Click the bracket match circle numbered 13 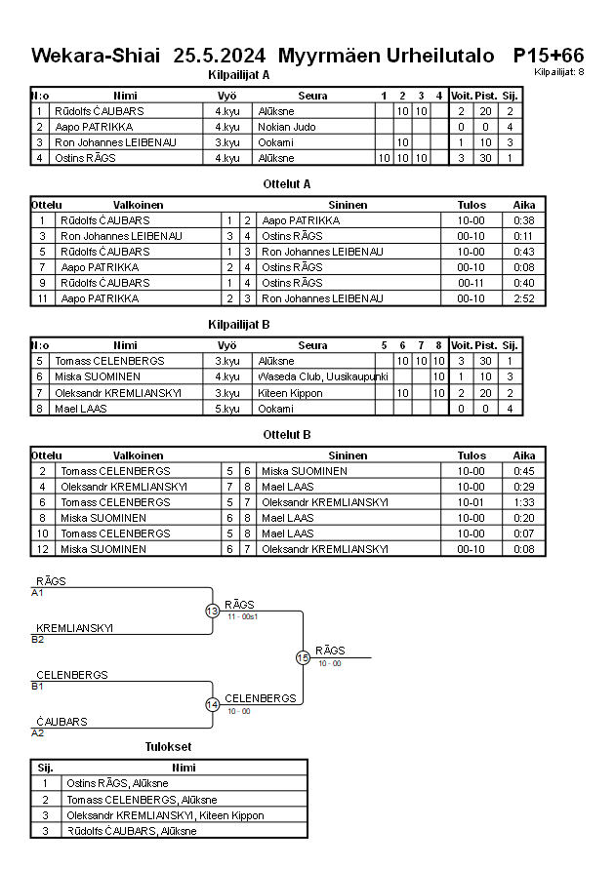[x=213, y=611]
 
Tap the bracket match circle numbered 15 [x=303, y=657]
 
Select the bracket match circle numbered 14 [x=213, y=704]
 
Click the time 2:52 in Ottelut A [x=523, y=298]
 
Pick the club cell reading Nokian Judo [x=285, y=127]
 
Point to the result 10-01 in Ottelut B [x=471, y=502]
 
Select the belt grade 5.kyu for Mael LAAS [x=227, y=408]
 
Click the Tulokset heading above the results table [x=168, y=747]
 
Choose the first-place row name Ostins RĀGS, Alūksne [x=117, y=783]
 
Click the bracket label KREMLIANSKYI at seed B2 [x=74, y=628]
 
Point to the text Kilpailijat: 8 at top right [x=559, y=72]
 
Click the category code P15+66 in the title [x=548, y=55]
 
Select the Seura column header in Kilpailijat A [x=312, y=96]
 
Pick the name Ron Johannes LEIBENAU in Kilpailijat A [x=115, y=142]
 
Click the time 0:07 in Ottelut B [x=523, y=533]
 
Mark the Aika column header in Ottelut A [x=523, y=205]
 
